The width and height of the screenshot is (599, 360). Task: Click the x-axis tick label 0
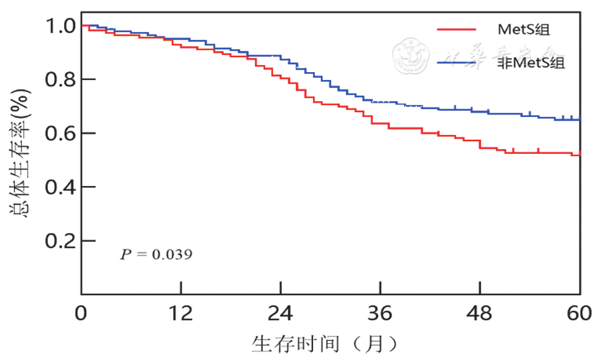81,313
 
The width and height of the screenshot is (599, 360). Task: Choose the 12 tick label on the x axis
180,313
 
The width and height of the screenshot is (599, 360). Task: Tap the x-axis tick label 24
280,313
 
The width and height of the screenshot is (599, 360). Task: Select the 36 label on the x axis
380,313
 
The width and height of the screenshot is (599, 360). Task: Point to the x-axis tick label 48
480,313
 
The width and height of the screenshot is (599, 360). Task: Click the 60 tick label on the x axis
580,313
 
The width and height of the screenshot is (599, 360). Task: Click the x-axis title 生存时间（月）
326,345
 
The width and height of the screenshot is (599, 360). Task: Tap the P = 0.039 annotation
156,254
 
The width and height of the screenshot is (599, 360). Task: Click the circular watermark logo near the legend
411,54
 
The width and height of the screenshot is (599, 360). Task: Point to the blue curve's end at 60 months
580,119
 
